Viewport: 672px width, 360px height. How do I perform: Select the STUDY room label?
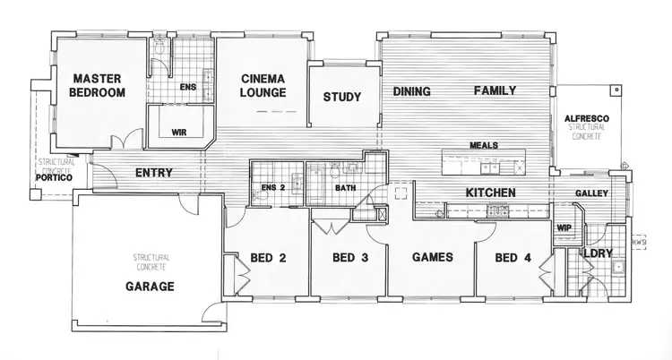tap(341, 98)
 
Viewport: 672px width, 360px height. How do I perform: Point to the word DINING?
tap(412, 91)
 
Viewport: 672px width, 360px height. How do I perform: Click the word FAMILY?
tap(495, 91)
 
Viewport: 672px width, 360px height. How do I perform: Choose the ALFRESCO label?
tap(587, 120)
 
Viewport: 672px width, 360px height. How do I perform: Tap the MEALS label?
tap(483, 145)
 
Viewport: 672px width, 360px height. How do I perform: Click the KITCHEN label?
tap(488, 193)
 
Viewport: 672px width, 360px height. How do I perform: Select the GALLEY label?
tap(592, 193)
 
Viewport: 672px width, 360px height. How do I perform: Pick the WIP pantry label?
tap(564, 227)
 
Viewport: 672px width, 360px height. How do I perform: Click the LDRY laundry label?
tap(598, 253)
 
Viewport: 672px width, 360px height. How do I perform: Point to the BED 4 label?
tap(513, 258)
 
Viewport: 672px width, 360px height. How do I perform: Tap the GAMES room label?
tap(432, 258)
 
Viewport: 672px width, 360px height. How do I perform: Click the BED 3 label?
tap(350, 259)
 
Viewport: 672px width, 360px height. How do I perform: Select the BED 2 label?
tap(268, 259)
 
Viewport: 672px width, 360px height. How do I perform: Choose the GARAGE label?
tap(148, 287)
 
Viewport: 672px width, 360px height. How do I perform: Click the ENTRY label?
tap(153, 173)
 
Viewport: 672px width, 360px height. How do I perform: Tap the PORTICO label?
tap(54, 177)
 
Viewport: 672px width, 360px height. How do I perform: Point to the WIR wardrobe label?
tap(179, 132)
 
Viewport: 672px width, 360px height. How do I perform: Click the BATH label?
tap(346, 188)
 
